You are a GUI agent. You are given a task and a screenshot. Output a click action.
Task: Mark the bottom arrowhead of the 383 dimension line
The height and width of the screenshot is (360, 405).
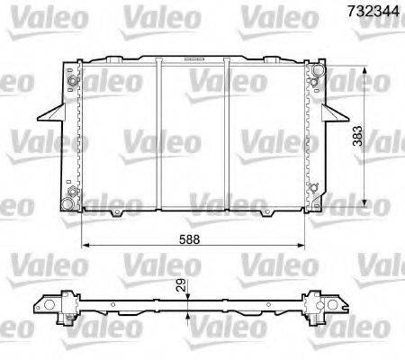click(364, 204)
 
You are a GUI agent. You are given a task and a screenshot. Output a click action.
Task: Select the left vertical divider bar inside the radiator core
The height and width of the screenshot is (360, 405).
click(159, 135)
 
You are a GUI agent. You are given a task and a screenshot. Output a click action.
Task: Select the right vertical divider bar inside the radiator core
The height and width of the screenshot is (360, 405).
click(227, 135)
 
